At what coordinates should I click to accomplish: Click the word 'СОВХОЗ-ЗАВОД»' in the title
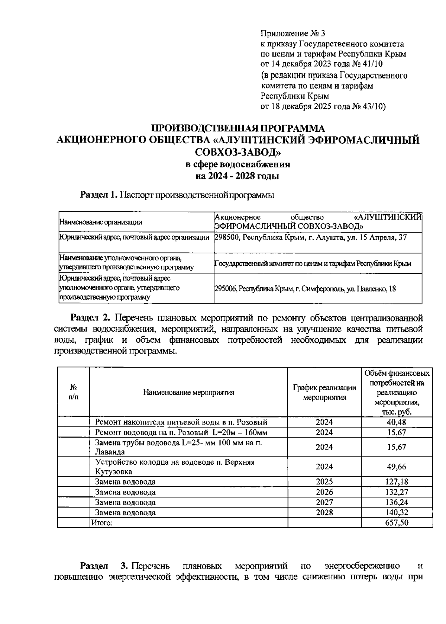tap(238, 152)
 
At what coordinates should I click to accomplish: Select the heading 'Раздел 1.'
tap(99, 195)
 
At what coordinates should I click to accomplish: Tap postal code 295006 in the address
tap(224, 288)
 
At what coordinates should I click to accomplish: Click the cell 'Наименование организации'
tap(101, 222)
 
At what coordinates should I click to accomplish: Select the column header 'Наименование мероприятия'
tap(189, 392)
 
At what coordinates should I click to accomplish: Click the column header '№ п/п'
tap(74, 392)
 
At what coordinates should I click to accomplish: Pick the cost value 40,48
tap(397, 422)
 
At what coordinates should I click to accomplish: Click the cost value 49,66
tap(397, 467)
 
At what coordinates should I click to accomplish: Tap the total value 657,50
tap(397, 522)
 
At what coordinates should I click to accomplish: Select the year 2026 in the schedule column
tap(324, 492)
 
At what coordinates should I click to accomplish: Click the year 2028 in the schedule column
tap(324, 512)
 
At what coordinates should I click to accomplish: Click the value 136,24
tap(397, 502)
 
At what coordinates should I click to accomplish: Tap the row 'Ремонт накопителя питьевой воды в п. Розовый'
tap(181, 422)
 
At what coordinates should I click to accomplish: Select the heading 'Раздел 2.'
tap(91, 318)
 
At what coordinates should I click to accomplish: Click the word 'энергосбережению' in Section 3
tap(362, 566)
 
